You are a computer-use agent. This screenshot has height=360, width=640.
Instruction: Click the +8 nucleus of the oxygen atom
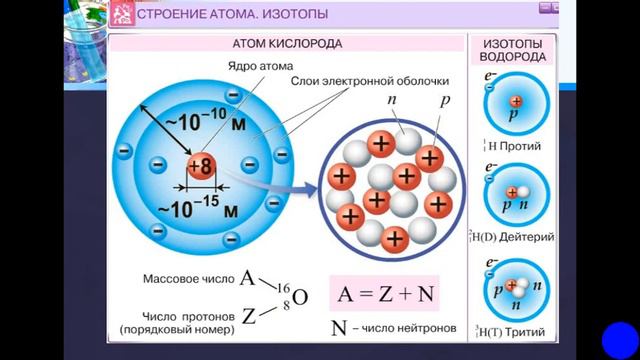pyautogui.click(x=198, y=167)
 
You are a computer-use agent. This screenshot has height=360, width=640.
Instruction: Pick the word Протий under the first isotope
pyautogui.click(x=525, y=147)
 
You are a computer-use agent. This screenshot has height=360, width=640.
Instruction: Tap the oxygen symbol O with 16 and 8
pyautogui.click(x=300, y=297)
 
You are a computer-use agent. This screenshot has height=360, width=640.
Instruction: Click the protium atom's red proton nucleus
pyautogui.click(x=515, y=102)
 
